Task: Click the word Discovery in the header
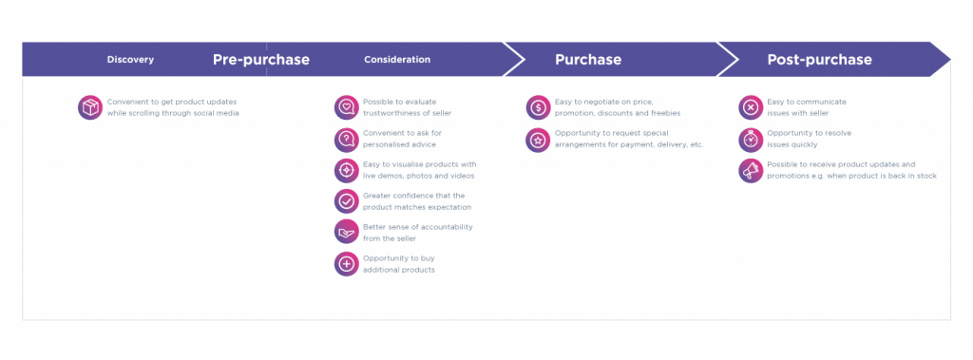(130, 60)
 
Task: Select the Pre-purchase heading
(261, 60)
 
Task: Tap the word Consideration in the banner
(397, 60)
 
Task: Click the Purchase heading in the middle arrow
(588, 60)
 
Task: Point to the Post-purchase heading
(819, 60)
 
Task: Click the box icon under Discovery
(90, 107)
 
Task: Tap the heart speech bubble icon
(347, 107)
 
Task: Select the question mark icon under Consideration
(347, 139)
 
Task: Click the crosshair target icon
(347, 170)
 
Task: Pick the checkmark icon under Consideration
(347, 201)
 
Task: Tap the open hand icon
(347, 233)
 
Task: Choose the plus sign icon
(347, 264)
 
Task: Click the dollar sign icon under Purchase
(538, 107)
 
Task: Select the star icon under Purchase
(538, 139)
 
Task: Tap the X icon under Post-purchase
(751, 107)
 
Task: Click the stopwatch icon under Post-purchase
(751, 139)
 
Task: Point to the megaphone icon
(751, 170)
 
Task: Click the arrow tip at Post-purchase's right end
(949, 60)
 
